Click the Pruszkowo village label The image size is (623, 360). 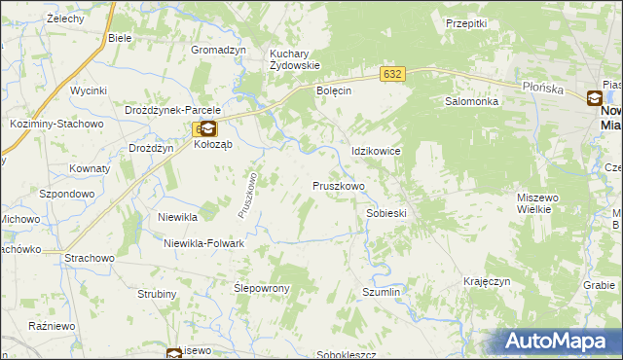(x=339, y=186)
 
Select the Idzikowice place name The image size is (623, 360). (x=376, y=152)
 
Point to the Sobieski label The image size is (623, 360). (x=385, y=212)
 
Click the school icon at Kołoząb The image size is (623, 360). (x=208, y=127)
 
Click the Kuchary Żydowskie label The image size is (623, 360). (x=295, y=58)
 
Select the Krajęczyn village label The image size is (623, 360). (x=488, y=281)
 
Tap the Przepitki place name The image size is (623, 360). (x=465, y=22)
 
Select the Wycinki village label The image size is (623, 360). (x=88, y=90)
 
